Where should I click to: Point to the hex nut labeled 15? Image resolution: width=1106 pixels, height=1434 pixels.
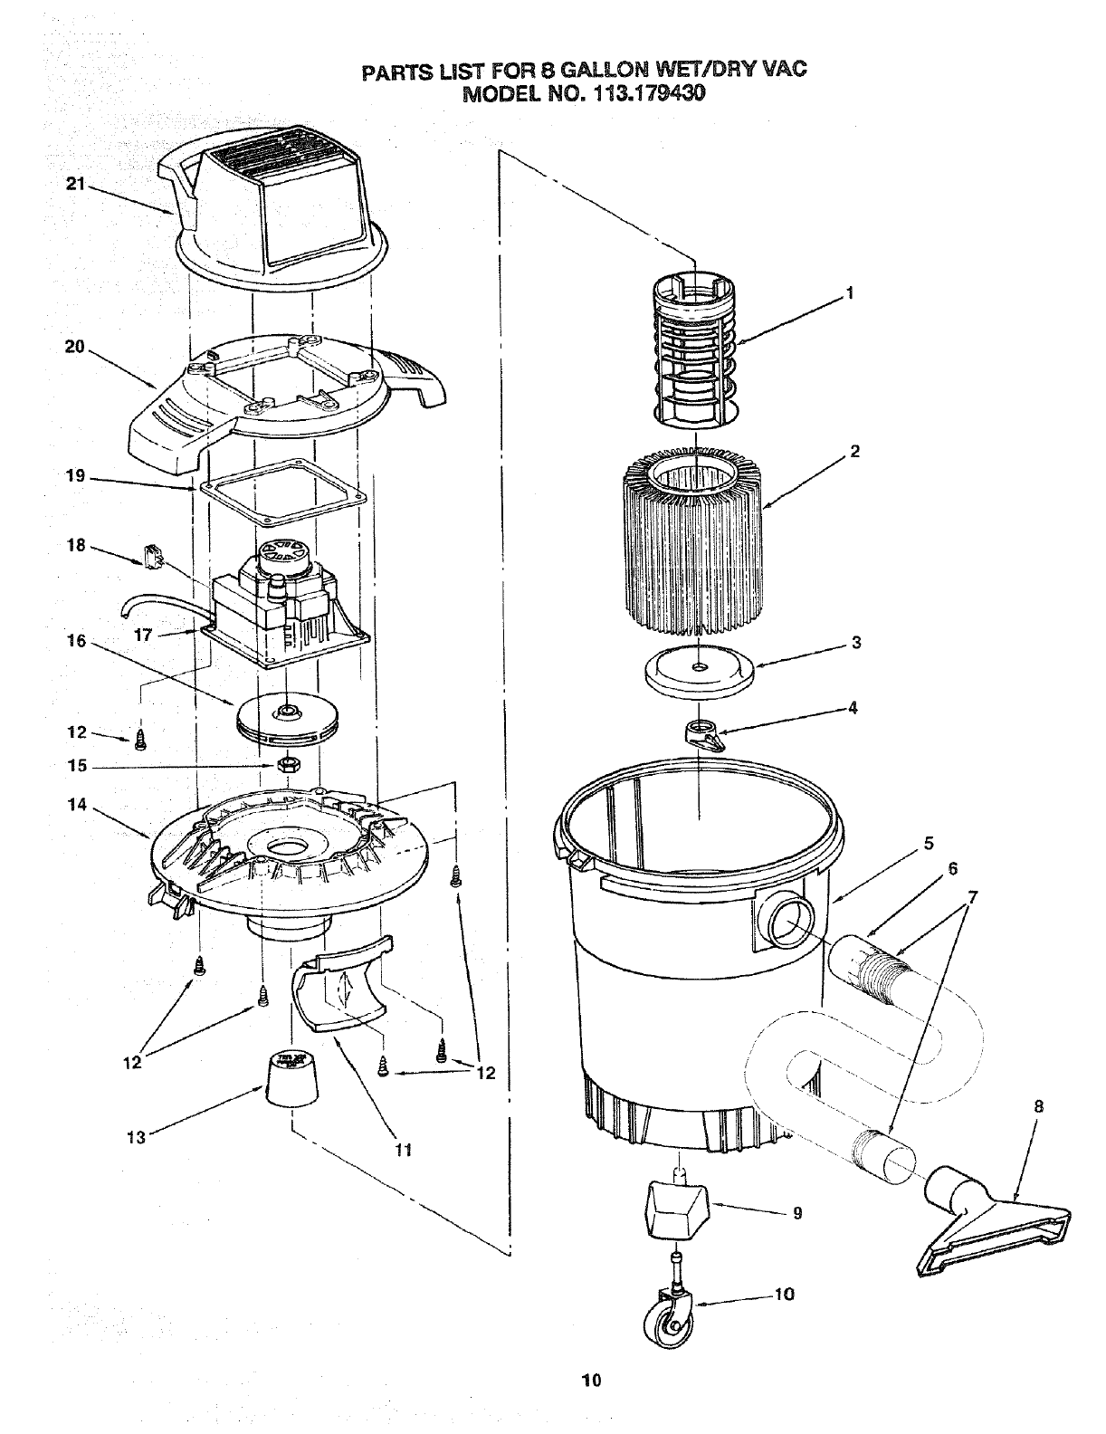(288, 766)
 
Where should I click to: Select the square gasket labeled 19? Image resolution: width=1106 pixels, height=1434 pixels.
(281, 493)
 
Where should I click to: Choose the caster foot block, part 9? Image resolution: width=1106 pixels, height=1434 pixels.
(673, 1209)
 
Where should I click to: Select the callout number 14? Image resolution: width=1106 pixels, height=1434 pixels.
(77, 802)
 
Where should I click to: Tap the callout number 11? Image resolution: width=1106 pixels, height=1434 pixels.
(404, 1150)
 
